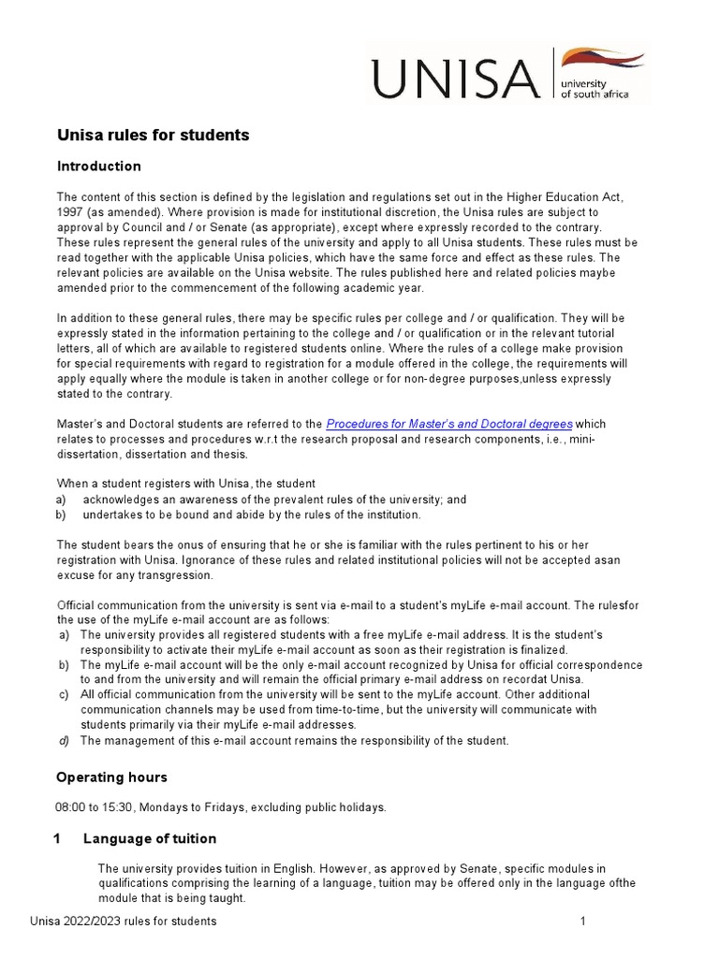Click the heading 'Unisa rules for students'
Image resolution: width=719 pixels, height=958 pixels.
tap(153, 136)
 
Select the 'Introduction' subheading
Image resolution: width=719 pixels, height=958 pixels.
tap(98, 167)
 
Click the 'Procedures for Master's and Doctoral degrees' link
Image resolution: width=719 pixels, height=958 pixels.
tap(448, 424)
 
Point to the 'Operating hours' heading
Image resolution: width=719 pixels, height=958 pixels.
tap(111, 777)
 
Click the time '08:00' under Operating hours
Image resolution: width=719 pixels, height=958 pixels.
tap(71, 807)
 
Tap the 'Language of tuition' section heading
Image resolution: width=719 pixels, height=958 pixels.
tap(149, 838)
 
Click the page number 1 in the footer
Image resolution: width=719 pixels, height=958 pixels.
tap(582, 922)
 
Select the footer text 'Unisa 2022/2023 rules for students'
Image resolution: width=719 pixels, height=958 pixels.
tap(123, 922)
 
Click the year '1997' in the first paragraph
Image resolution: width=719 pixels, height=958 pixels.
tap(70, 212)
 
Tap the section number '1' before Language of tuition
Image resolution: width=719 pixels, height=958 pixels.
tap(57, 838)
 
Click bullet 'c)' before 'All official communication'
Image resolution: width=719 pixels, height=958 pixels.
tap(63, 695)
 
